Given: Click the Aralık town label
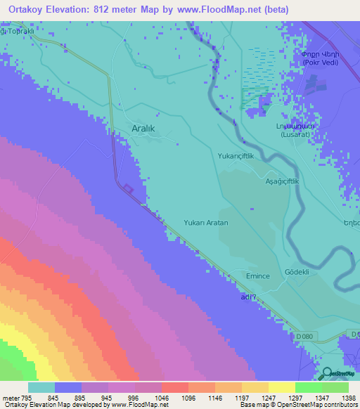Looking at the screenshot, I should (x=147, y=128).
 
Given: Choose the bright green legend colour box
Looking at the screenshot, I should (x=309, y=387).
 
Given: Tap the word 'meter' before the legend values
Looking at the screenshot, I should (x=10, y=396).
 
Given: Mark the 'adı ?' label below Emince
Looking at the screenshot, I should (x=243, y=298).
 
